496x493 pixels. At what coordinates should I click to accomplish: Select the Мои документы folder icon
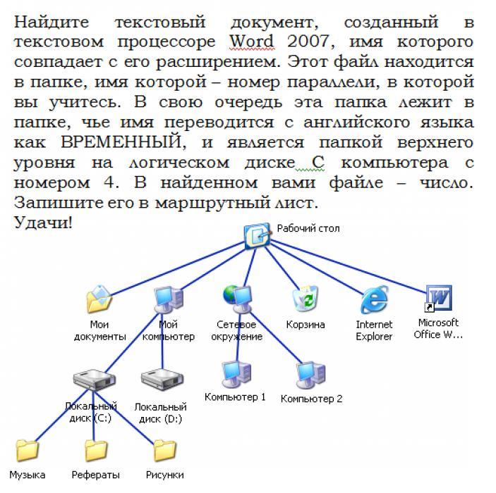point(99,299)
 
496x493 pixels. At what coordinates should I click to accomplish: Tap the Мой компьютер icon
point(168,299)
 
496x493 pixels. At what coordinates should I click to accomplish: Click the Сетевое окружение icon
point(238,298)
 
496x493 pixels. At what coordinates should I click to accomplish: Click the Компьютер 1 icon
point(234,372)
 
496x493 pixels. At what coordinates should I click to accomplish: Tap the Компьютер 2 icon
point(310,373)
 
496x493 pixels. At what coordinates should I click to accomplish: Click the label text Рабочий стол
point(308,229)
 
